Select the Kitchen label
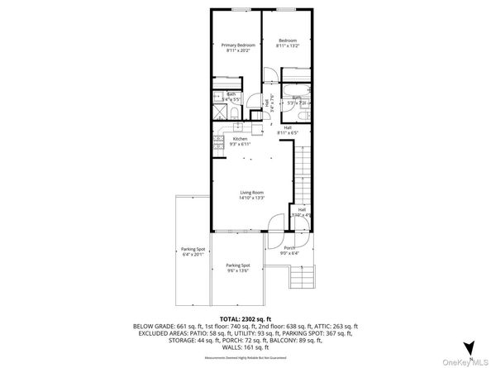(x=239, y=139)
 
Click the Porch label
(x=289, y=247)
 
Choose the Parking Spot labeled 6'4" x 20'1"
(x=192, y=251)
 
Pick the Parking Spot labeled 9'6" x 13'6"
(x=238, y=266)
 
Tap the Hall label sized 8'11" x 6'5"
(x=288, y=129)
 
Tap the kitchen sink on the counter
(x=237, y=127)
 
